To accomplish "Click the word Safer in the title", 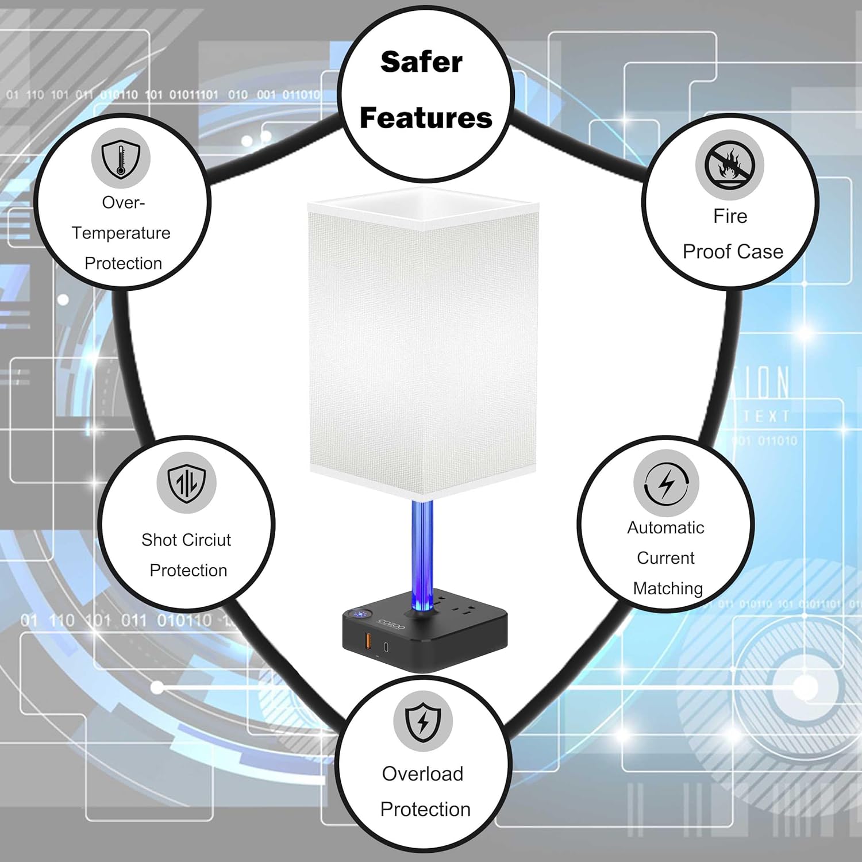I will [421, 62].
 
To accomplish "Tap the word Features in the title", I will [426, 118].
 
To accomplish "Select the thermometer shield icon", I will [121, 158].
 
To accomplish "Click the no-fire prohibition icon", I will [729, 164].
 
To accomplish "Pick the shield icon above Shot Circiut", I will [186, 483].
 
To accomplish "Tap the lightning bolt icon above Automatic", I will [666, 483].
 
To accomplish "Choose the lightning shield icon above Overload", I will [423, 721].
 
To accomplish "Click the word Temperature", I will [121, 233].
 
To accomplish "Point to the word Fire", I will [730, 216].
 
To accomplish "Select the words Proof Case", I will [733, 252].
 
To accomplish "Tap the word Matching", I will [668, 588].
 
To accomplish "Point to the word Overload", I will [422, 774].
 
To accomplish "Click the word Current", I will [665, 558].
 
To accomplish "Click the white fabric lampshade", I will [423, 345].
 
